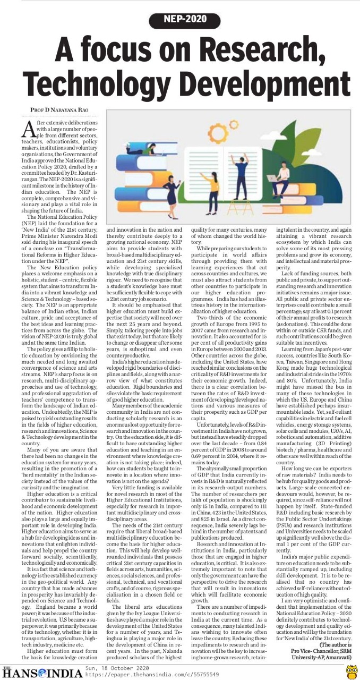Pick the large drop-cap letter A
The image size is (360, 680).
click(30, 128)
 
